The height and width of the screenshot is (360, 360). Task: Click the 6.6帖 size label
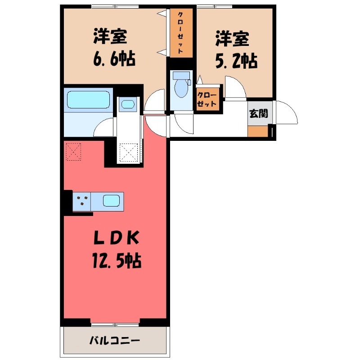click(114, 59)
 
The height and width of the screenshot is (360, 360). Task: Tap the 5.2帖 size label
click(236, 61)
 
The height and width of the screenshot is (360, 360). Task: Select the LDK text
click(116, 238)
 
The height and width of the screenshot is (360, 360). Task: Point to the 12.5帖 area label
click(117, 261)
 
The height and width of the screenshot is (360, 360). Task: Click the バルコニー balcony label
click(115, 341)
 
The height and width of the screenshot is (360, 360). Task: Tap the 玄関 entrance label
click(258, 113)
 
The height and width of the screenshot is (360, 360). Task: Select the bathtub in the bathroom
click(88, 99)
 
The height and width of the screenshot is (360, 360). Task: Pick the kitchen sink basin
click(111, 201)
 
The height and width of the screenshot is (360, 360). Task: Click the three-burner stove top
click(82, 201)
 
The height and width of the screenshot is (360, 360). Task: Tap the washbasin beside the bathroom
click(128, 104)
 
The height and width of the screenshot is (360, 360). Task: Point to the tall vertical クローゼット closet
click(181, 33)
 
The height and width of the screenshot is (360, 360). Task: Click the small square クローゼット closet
click(207, 99)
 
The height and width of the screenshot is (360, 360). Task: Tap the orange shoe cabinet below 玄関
click(258, 131)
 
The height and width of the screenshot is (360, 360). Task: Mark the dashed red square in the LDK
click(73, 152)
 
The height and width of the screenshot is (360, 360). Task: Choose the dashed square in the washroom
click(129, 152)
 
